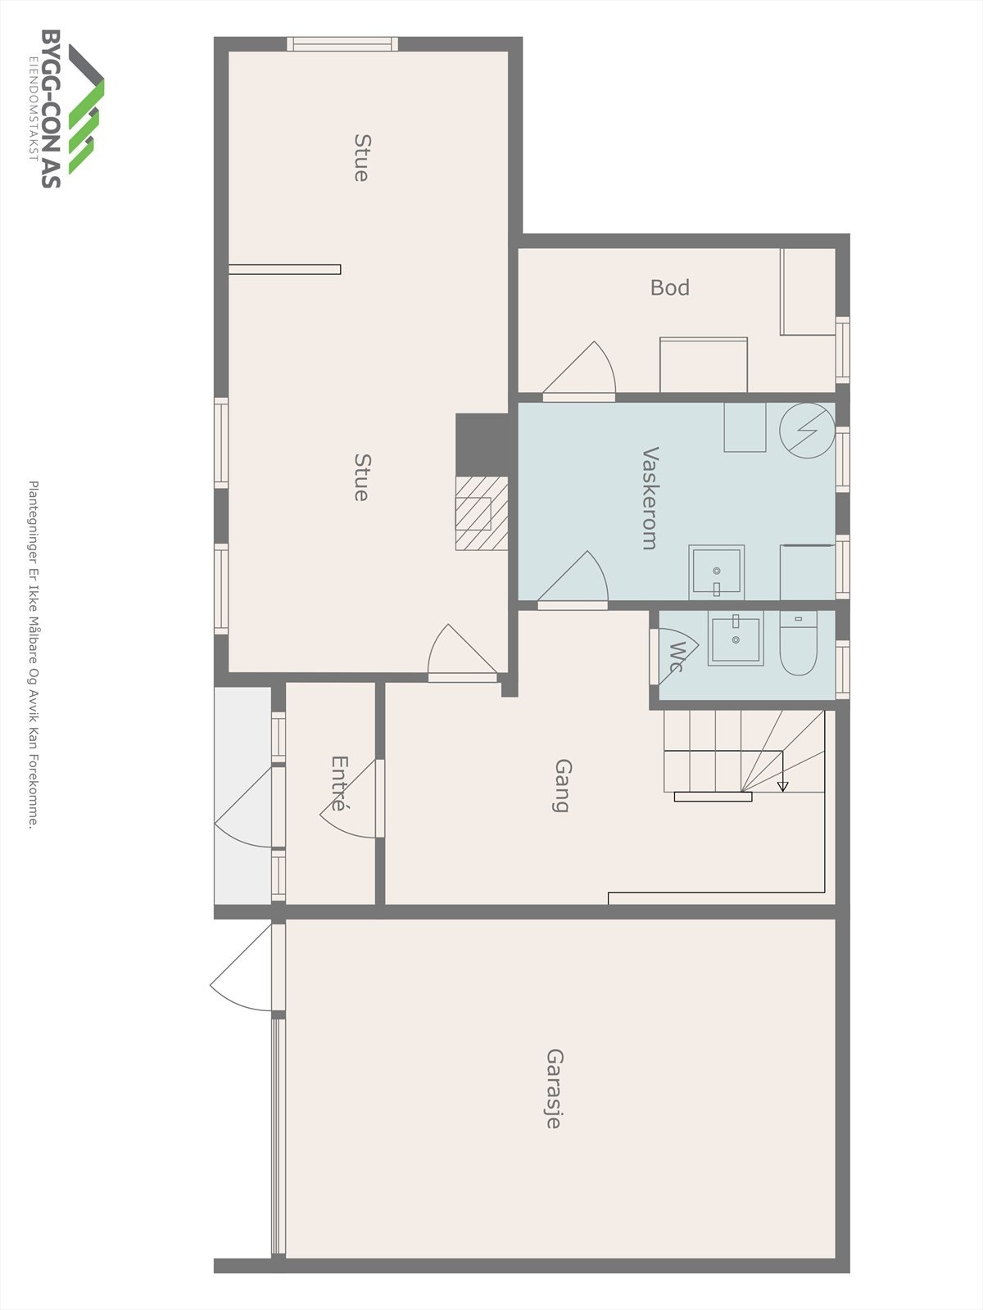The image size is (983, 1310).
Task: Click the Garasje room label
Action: [x=554, y=1088]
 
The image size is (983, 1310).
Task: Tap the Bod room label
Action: [x=669, y=287]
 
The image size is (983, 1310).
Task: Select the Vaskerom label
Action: [x=650, y=498]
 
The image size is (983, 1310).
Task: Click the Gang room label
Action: [x=562, y=785]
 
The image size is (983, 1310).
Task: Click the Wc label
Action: [x=677, y=657]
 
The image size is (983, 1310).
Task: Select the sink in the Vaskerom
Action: [x=717, y=571]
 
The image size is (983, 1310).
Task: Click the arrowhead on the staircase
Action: [x=782, y=787]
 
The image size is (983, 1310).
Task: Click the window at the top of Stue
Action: [x=342, y=44]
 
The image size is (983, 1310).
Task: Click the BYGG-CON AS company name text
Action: [x=51, y=109]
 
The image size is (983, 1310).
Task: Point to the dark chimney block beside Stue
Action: [x=481, y=443]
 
